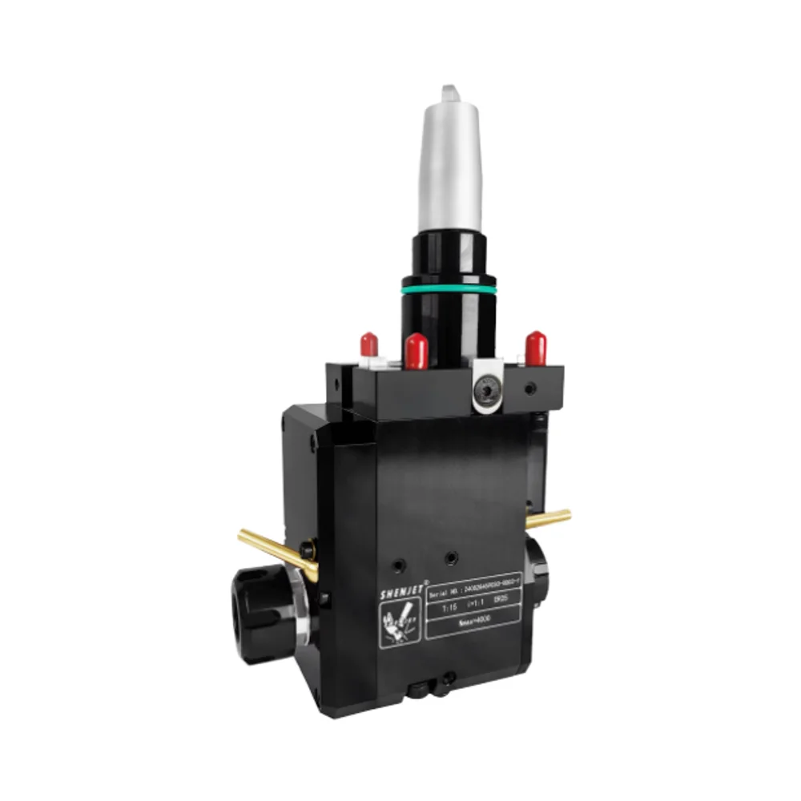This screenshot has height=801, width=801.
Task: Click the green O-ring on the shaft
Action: point(449,286)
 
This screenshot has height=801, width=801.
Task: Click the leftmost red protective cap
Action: point(369,344)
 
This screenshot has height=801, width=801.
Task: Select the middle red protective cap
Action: point(415,351)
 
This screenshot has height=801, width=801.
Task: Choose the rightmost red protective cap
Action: point(535,347)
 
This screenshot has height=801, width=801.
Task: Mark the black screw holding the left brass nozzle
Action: point(307,550)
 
